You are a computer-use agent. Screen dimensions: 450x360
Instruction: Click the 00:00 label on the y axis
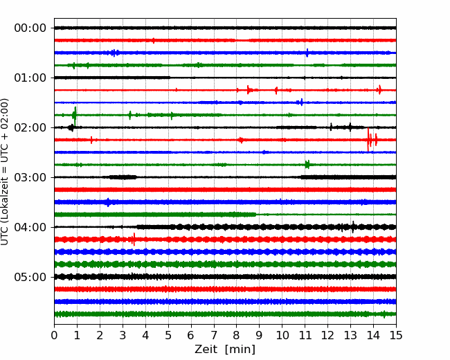30,28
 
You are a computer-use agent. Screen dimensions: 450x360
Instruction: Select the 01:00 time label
30,78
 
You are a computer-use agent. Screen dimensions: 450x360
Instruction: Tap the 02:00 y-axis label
30,127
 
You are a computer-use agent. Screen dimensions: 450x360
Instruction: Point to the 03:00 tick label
30,177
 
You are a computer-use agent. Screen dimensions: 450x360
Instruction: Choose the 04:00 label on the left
30,227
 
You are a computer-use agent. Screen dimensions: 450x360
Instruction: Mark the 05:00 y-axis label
30,277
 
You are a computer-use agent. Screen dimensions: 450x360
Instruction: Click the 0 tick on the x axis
54,335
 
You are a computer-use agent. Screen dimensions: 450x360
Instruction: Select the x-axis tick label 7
214,335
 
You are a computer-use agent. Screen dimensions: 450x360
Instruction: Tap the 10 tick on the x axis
282,335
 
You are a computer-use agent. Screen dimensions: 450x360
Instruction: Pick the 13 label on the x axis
350,335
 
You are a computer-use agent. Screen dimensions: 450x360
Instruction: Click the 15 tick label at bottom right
396,335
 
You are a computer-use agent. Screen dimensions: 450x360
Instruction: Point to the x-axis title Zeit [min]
225,350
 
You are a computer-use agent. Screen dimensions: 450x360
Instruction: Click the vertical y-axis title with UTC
5,172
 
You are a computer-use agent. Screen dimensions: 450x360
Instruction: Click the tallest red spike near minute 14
368,140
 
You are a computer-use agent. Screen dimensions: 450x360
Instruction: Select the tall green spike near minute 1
75,116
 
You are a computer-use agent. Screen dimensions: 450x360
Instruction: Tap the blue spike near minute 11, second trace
307,53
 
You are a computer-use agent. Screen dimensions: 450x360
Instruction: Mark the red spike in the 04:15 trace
134,240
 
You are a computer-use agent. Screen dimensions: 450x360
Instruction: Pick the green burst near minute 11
307,165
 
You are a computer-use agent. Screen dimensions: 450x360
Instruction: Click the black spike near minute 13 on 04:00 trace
353,227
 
